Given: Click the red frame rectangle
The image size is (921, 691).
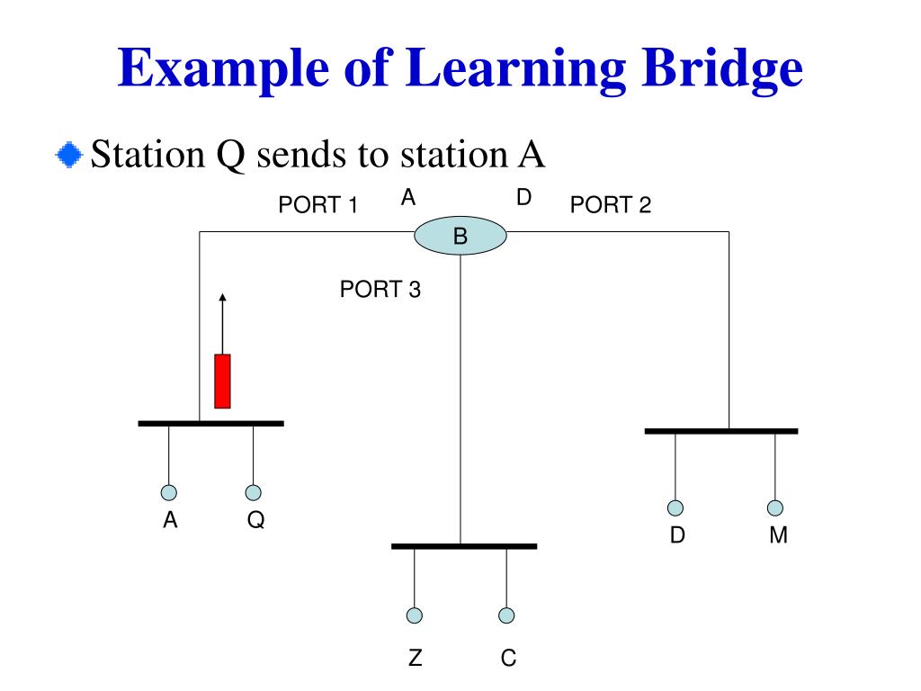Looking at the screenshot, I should [222, 381].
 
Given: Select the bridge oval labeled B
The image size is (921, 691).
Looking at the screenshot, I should [460, 237].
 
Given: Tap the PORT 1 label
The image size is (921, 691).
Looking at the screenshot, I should [318, 206].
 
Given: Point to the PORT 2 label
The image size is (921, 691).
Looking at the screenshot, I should [610, 206].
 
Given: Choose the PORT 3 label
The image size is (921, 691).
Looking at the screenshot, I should [380, 290].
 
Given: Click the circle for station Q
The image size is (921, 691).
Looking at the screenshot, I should [254, 492].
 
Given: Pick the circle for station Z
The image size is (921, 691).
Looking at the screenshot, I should [414, 615].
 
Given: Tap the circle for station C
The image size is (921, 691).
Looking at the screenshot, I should [506, 615].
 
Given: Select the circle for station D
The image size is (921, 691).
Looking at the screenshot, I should [675, 507].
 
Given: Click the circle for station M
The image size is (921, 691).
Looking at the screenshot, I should [775, 507].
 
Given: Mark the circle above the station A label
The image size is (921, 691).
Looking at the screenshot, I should [168, 492].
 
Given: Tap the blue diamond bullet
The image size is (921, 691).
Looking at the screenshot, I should [67, 155].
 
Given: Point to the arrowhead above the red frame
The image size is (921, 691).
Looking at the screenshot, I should [221, 298].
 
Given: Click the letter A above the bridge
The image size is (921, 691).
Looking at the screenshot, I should [408, 198].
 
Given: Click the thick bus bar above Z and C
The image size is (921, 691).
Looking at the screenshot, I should [464, 546].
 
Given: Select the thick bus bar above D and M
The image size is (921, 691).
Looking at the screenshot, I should [720, 431].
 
